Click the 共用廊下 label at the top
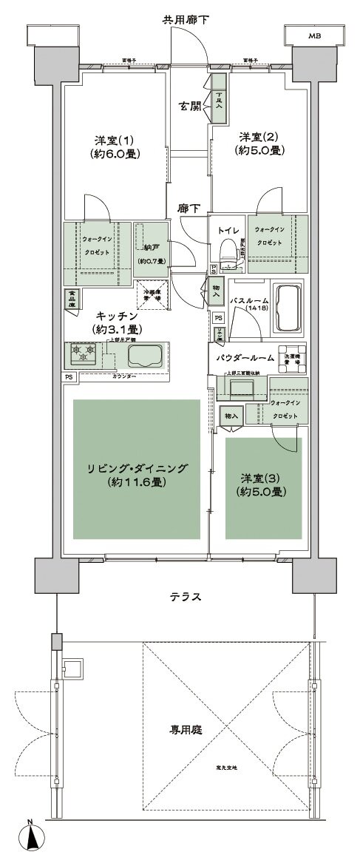tap(186, 18)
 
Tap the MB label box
tap(315, 35)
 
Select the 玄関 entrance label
tap(190, 106)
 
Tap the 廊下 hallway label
tap(189, 209)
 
